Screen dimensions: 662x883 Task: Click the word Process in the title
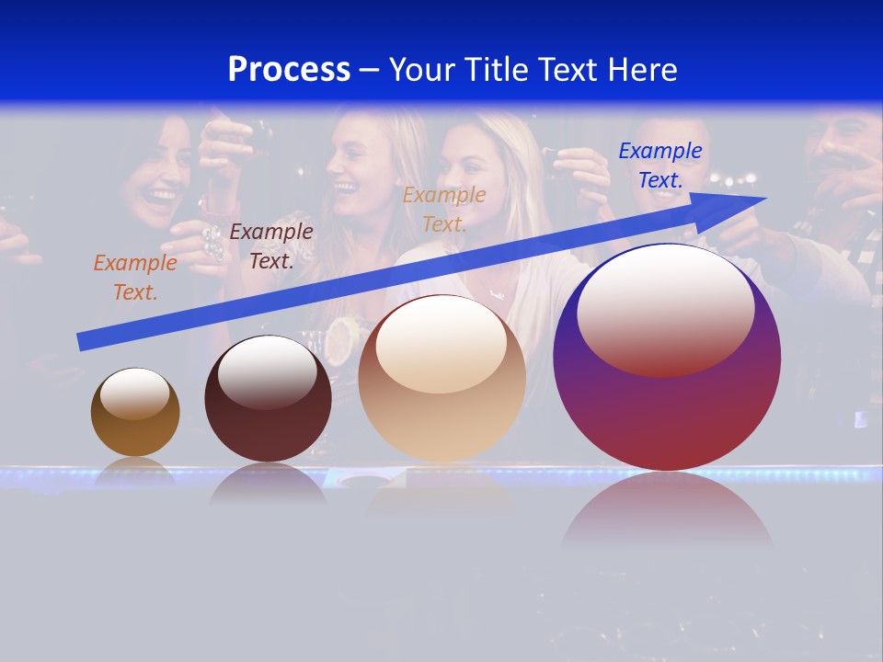coord(289,70)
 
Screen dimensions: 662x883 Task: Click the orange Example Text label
coord(135,278)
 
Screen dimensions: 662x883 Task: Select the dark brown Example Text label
coord(271,246)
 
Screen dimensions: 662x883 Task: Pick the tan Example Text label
coord(444,209)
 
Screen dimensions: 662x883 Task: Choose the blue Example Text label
coord(659,165)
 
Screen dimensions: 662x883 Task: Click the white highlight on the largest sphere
coord(665,309)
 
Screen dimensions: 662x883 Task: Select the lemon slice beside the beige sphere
coord(339,338)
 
